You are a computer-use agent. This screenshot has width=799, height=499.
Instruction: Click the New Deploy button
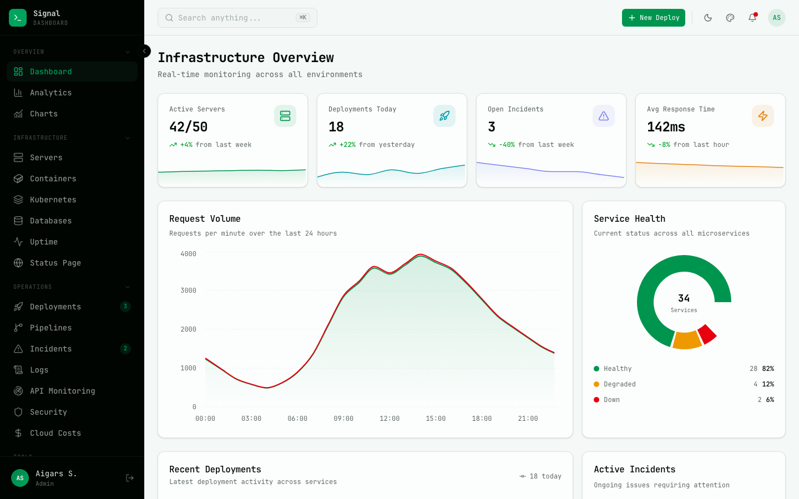pyautogui.click(x=653, y=18)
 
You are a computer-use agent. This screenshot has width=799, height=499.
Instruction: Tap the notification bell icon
pyautogui.click(x=752, y=18)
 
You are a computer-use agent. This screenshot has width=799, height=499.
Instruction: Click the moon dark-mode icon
pyautogui.click(x=708, y=18)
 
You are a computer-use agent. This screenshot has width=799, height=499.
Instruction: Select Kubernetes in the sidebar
pyautogui.click(x=53, y=200)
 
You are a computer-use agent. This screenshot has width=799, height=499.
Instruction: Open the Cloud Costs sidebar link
pyautogui.click(x=55, y=433)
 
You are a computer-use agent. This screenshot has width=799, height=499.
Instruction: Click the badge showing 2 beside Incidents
pyautogui.click(x=125, y=349)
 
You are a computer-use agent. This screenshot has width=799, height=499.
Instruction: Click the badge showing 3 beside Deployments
pyautogui.click(x=125, y=307)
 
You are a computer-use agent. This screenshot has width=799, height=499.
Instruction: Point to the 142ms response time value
pyautogui.click(x=666, y=127)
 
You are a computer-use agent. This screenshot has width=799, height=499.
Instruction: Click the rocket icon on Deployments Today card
pyautogui.click(x=444, y=116)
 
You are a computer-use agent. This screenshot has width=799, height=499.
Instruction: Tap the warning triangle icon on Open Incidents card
pyautogui.click(x=603, y=116)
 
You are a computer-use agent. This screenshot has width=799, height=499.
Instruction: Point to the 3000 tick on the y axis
pyautogui.click(x=188, y=291)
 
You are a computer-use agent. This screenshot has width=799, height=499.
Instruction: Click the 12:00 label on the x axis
pyautogui.click(x=390, y=419)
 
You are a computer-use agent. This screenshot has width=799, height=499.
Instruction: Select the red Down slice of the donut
pyautogui.click(x=706, y=334)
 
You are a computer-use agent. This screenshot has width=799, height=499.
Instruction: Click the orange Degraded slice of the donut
pyautogui.click(x=687, y=340)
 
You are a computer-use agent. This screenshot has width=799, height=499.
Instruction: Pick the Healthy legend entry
pyautogui.click(x=617, y=369)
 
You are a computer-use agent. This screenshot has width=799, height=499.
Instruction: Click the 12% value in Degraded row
pyautogui.click(x=768, y=384)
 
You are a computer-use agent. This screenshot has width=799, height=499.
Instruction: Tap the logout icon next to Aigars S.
pyautogui.click(x=130, y=478)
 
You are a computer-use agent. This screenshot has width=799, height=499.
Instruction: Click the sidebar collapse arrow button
pyautogui.click(x=144, y=51)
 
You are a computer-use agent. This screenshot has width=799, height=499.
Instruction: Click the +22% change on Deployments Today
pyautogui.click(x=347, y=145)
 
